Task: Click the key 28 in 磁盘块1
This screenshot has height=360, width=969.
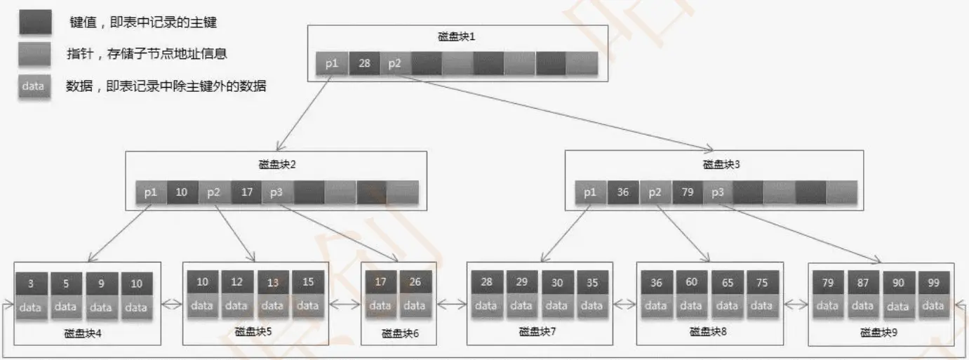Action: point(364,63)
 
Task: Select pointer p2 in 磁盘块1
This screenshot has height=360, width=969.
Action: point(395,63)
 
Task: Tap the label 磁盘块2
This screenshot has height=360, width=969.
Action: point(277,164)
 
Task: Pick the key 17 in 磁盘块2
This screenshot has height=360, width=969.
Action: point(246,192)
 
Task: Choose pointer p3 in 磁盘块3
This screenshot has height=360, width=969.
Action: point(718,192)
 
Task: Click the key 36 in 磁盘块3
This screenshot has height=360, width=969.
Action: point(623,192)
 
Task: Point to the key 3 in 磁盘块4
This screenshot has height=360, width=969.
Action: point(31,284)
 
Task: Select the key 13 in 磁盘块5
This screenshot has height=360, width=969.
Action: point(273,283)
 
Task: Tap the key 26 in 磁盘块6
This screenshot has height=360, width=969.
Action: point(415,282)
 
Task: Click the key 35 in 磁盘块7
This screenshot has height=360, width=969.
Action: point(592,283)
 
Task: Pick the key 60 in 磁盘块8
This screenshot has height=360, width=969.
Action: point(691,282)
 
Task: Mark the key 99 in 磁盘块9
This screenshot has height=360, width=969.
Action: point(933,283)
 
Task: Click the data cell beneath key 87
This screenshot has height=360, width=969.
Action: point(863,306)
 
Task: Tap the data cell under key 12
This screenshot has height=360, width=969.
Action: point(236,306)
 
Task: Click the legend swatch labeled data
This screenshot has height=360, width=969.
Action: point(34,86)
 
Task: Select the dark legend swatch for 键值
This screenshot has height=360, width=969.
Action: point(36,22)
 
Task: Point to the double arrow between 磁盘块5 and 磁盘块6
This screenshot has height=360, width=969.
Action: point(345,305)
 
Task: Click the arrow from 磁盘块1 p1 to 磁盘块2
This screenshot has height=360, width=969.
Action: point(304,113)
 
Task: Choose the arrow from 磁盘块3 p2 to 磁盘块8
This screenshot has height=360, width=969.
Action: point(683,233)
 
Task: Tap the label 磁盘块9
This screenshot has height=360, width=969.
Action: point(878,333)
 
